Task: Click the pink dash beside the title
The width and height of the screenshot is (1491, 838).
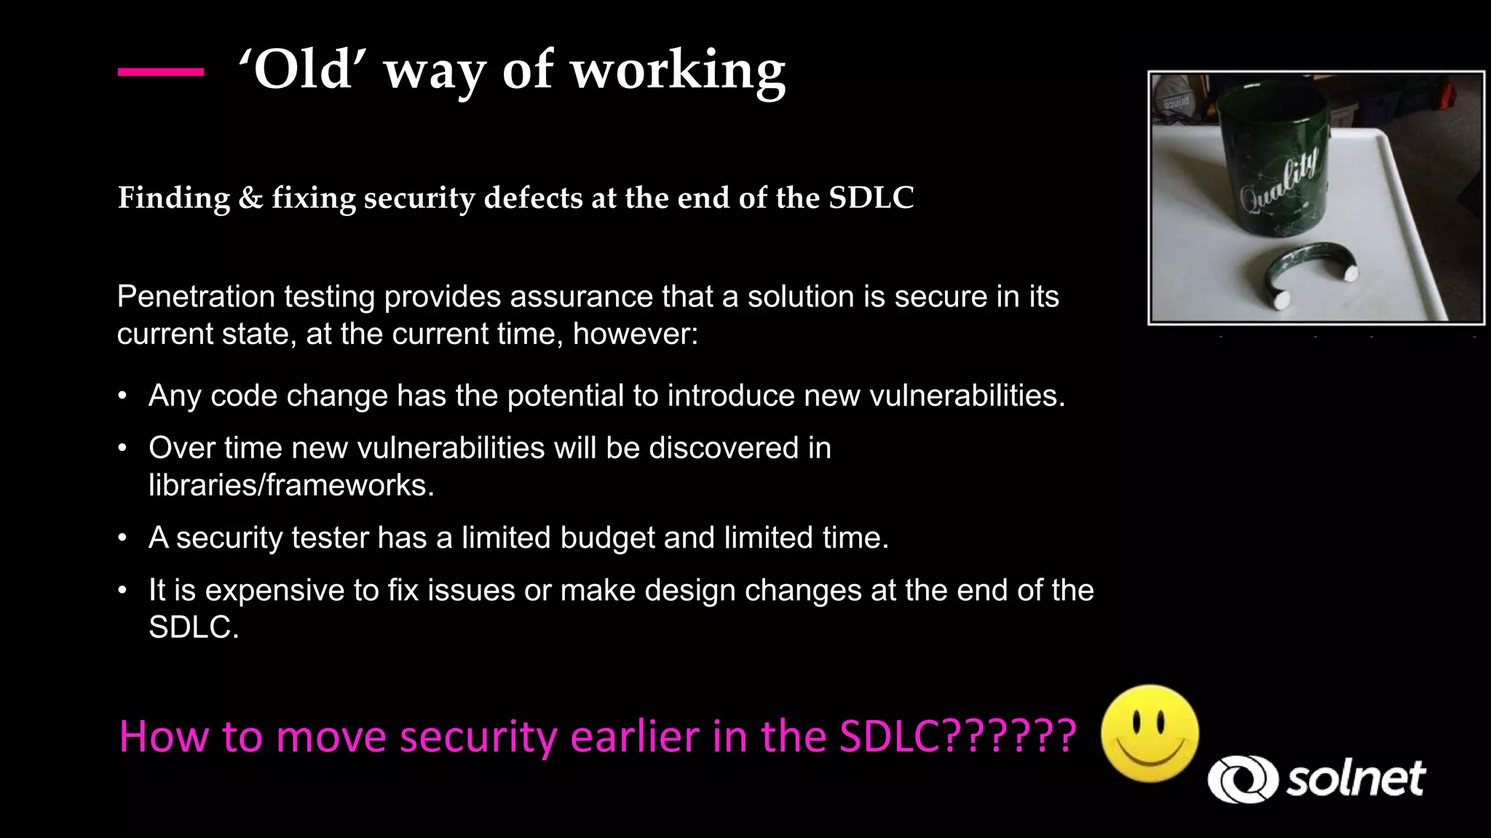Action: (161, 71)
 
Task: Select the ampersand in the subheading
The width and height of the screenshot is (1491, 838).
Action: (250, 198)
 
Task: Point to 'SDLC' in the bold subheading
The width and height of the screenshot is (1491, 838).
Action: (871, 198)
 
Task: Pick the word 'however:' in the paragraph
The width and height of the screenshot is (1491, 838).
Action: (635, 334)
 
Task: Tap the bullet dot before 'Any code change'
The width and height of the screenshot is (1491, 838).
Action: (123, 396)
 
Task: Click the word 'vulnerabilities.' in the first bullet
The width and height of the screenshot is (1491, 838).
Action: (967, 396)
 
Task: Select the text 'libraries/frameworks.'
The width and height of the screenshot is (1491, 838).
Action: (291, 485)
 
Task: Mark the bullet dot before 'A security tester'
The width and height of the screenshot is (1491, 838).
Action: (123, 538)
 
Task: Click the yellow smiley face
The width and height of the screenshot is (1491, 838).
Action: (1150, 733)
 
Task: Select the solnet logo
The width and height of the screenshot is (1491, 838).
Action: (1316, 779)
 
